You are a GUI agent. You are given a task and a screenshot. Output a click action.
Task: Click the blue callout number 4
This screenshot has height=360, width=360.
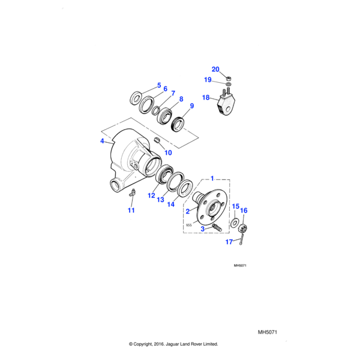coord(102,142)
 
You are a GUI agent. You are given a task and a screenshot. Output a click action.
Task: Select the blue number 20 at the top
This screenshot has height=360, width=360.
coord(216,69)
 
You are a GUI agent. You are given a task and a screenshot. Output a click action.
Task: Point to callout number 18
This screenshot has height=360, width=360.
coord(206,97)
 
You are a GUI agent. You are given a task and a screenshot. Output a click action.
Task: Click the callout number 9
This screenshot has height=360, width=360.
coord(192,106)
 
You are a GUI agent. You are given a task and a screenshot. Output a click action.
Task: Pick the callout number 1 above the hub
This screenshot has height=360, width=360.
coord(212,179)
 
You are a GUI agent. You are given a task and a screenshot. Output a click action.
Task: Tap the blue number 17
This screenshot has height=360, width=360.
coord(229,242)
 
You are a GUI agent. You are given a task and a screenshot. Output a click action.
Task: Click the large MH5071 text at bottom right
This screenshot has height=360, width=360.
coord(270,331)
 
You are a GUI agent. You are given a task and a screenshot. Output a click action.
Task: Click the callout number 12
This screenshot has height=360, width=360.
coord(151,196)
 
